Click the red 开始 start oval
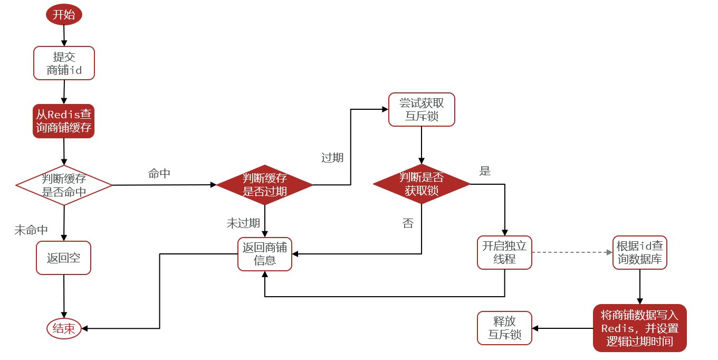tap(64, 14)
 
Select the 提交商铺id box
tap(64, 63)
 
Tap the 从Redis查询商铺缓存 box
tap(64, 121)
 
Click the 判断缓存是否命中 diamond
tap(64, 185)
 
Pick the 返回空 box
tap(64, 258)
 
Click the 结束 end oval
tap(64, 328)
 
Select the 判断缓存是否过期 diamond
tap(264, 185)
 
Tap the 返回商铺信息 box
tap(264, 254)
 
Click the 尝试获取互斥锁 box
tap(422, 110)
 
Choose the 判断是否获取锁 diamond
tap(422, 184)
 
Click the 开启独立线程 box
tap(504, 252)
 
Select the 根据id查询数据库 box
tap(640, 252)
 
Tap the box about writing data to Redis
tap(639, 328)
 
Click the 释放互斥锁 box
tap(504, 328)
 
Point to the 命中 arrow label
tap(159, 174)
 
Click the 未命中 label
tap(31, 230)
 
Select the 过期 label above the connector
tap(332, 157)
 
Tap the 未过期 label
tap(243, 223)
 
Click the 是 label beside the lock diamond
tap(485, 171)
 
